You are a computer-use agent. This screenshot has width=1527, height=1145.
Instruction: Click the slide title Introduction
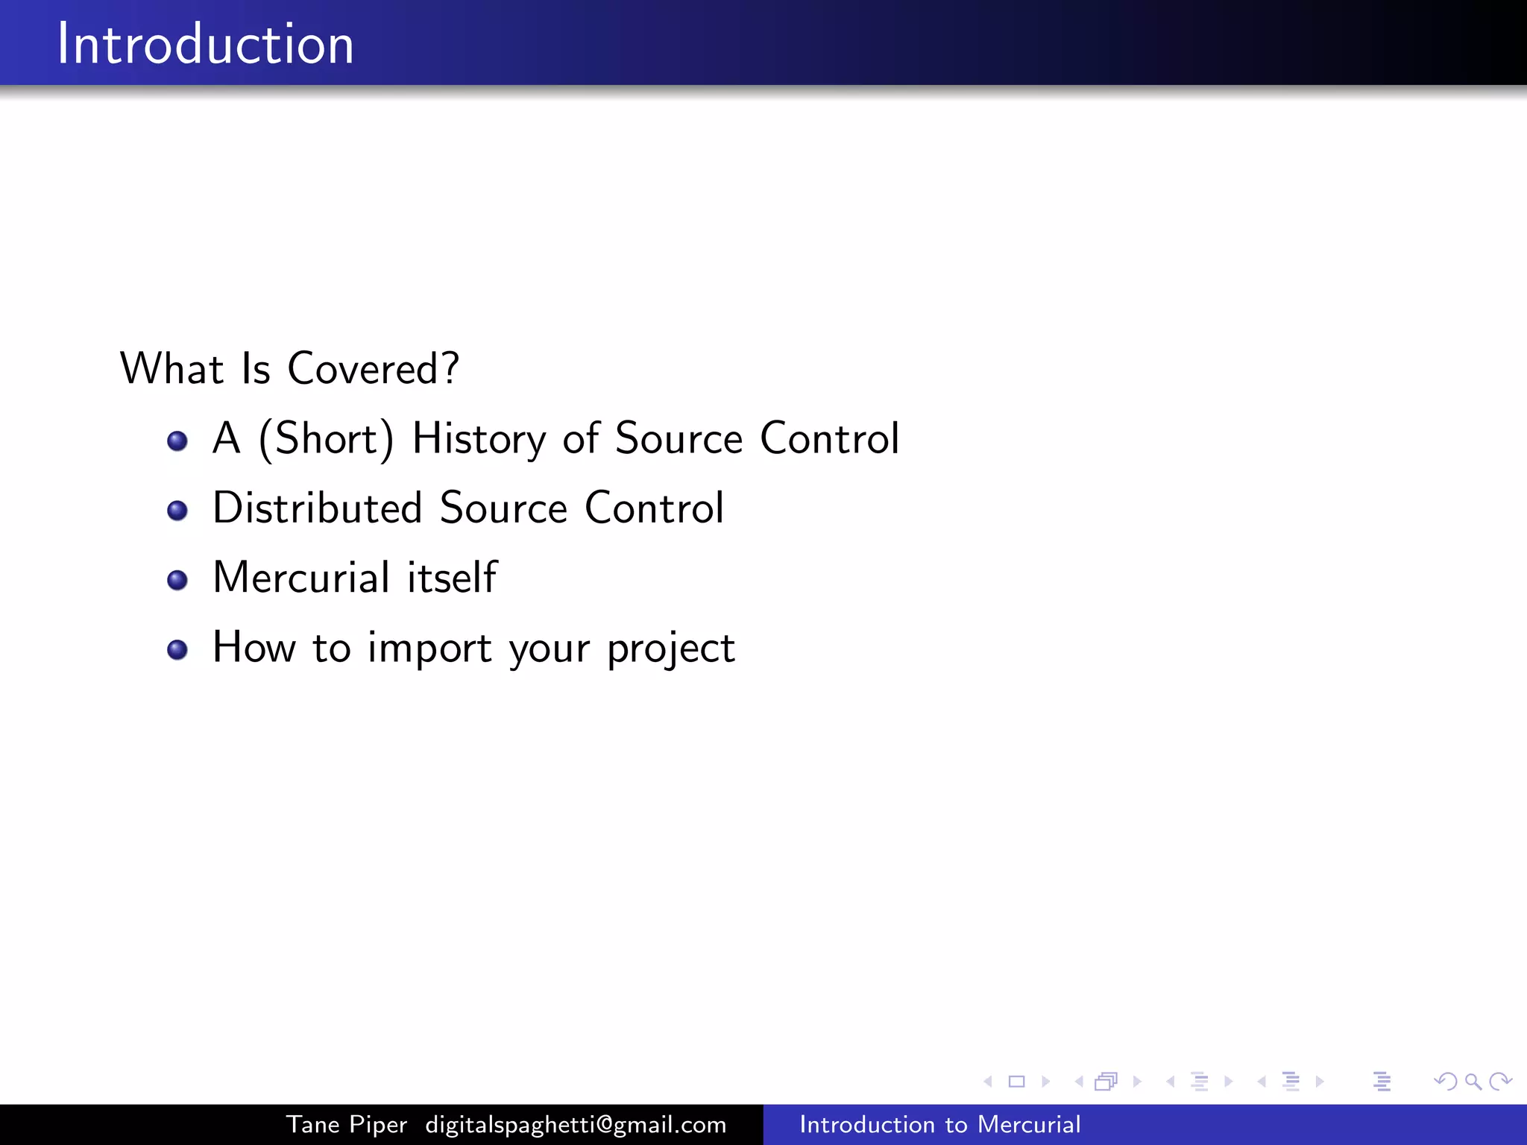pyautogui.click(x=205, y=44)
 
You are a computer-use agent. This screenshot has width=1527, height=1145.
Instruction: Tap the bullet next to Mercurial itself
pyautogui.click(x=177, y=580)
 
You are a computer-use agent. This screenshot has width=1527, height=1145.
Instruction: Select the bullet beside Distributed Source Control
pyautogui.click(x=177, y=511)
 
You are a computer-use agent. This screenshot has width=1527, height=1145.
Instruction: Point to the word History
pyautogui.click(x=479, y=438)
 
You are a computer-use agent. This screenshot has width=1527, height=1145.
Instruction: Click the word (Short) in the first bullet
pyautogui.click(x=326, y=438)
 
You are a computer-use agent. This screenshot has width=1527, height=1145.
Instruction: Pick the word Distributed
pyautogui.click(x=318, y=508)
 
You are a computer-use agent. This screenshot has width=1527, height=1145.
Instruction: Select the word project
pyautogui.click(x=671, y=649)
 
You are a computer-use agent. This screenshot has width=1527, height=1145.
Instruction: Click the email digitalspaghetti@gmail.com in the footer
pyautogui.click(x=576, y=1124)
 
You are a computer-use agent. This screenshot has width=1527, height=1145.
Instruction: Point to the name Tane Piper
pyautogui.click(x=347, y=1124)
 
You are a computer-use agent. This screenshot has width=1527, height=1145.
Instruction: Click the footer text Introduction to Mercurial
pyautogui.click(x=939, y=1124)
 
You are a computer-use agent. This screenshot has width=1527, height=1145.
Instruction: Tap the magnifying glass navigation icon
pyautogui.click(x=1473, y=1081)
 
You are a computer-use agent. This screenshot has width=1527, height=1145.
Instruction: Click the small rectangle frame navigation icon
pyautogui.click(x=1016, y=1081)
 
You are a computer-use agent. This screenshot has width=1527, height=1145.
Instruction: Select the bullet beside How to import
pyautogui.click(x=177, y=650)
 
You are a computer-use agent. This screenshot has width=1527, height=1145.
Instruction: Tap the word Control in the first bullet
pyautogui.click(x=829, y=438)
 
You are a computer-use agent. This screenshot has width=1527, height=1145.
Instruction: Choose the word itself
pyautogui.click(x=452, y=578)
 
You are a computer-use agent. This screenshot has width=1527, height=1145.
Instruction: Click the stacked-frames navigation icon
pyautogui.click(x=1106, y=1081)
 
